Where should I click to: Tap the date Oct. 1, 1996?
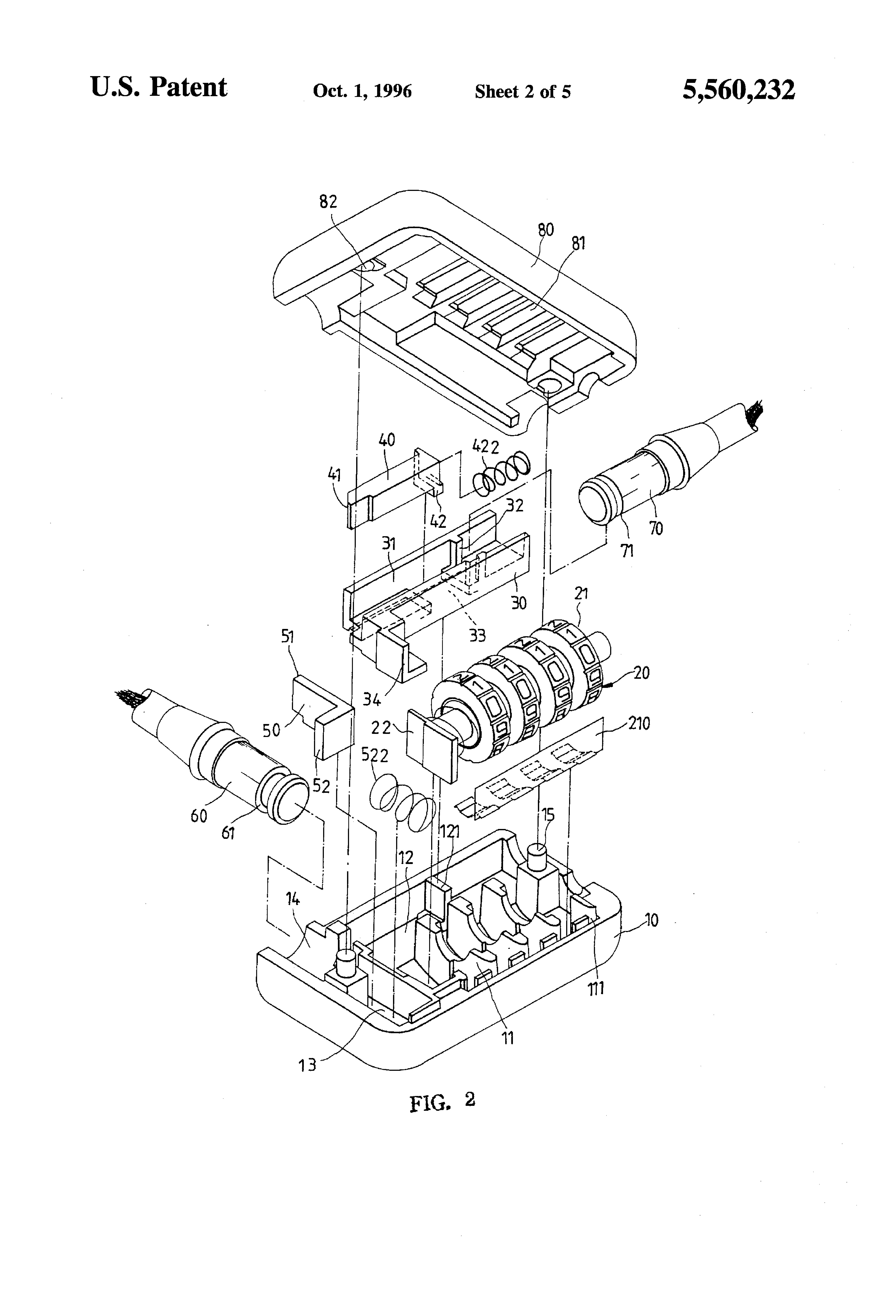click(362, 91)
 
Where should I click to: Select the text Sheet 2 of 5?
click(522, 91)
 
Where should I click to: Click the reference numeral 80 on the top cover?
click(546, 229)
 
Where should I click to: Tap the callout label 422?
click(486, 446)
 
